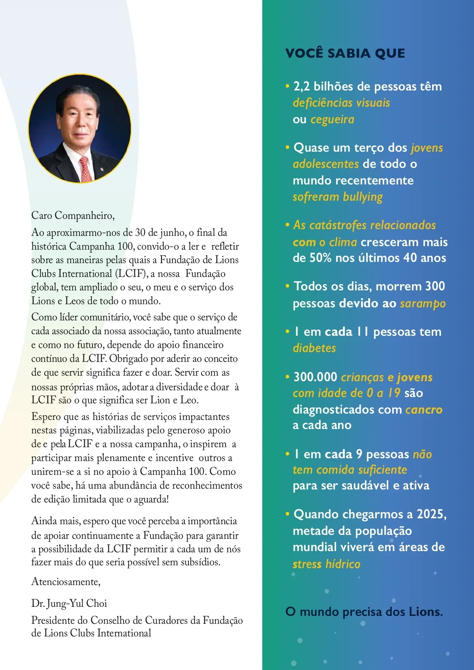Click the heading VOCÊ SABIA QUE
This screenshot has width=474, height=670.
(345, 53)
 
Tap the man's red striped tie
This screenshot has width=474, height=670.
(86, 168)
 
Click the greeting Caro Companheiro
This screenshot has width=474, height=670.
(73, 216)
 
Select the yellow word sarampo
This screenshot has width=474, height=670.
(423, 303)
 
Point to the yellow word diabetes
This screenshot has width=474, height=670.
(314, 348)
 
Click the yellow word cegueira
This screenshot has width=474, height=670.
(332, 119)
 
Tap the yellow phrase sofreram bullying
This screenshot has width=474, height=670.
(338, 197)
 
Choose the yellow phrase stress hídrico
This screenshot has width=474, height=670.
(326, 564)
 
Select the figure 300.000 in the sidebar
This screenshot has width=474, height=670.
(315, 377)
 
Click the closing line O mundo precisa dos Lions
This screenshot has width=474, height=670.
(364, 612)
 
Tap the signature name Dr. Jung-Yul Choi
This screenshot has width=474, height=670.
(69, 603)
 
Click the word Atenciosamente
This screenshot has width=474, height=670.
(66, 582)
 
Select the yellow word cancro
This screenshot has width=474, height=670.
(423, 410)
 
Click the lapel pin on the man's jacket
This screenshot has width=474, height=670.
(102, 169)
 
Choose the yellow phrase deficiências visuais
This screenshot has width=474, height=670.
(341, 103)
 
